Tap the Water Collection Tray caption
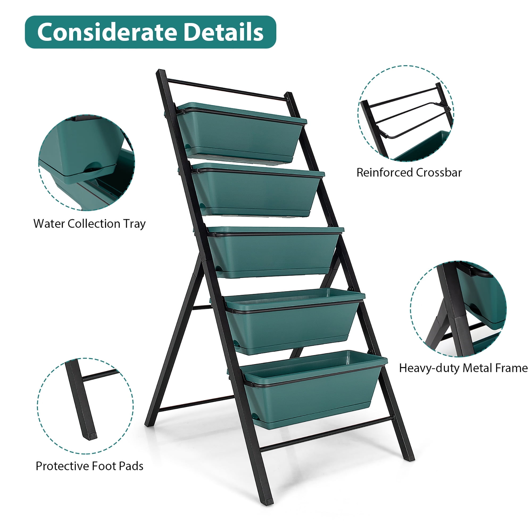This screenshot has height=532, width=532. click(x=89, y=224)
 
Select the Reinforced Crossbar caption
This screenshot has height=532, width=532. click(x=409, y=173)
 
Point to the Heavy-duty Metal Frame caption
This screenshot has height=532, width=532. click(x=463, y=368)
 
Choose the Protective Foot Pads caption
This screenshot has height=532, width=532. click(x=89, y=466)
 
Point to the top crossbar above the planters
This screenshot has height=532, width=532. click(x=227, y=89)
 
